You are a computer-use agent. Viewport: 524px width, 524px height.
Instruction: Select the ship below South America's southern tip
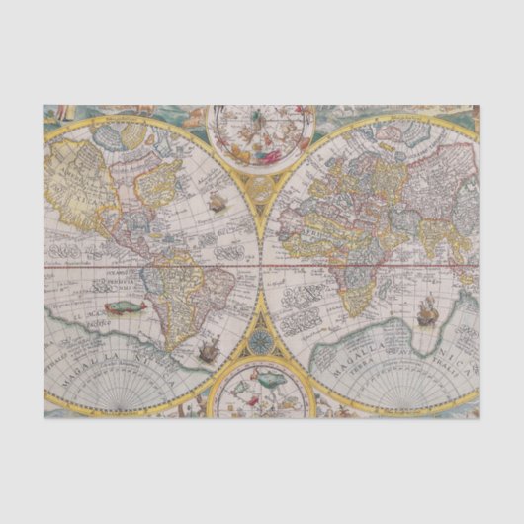click(210, 347)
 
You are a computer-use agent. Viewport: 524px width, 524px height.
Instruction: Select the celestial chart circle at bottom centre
click(262, 388)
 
